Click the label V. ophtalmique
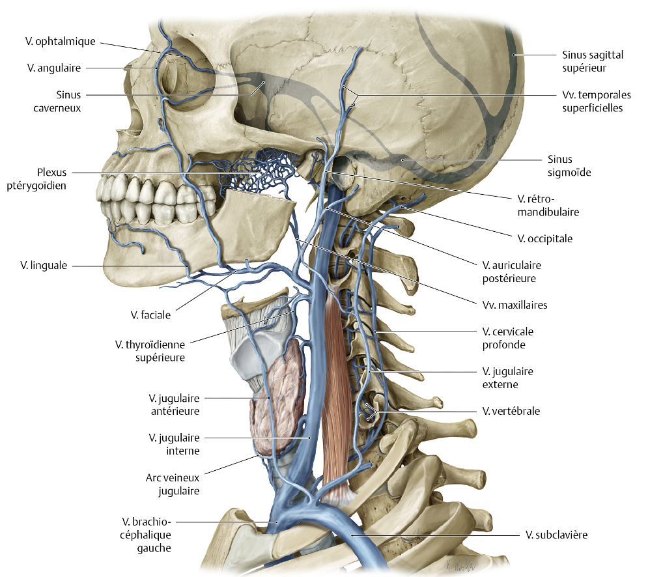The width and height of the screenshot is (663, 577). (60, 42)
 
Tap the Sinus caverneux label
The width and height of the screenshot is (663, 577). (57, 102)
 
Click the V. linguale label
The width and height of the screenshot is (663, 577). (44, 265)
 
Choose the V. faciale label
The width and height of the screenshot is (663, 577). (150, 315)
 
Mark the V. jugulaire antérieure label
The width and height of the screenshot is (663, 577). (174, 404)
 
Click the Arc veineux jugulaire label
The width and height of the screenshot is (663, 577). (173, 484)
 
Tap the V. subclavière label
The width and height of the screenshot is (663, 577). (557, 535)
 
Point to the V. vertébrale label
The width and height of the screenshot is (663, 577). (511, 411)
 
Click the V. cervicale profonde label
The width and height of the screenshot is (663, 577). (507, 338)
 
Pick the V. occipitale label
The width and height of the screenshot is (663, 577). (545, 239)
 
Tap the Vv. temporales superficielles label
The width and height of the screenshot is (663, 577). (597, 101)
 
